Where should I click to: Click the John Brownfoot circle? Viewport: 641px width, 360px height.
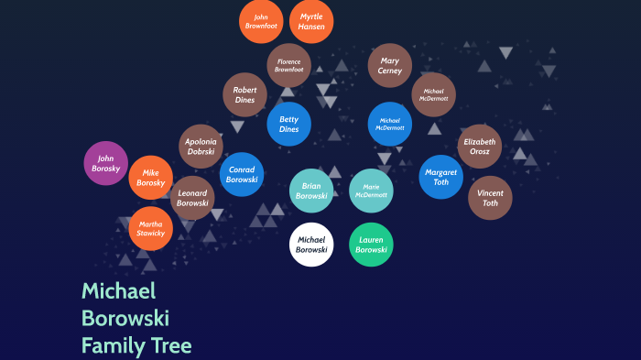(261, 21)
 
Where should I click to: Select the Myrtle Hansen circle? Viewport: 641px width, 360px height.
(311, 21)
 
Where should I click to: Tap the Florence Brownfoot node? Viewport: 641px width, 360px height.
(288, 65)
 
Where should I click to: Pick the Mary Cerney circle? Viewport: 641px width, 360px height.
(390, 65)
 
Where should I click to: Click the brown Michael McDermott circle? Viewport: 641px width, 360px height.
(433, 94)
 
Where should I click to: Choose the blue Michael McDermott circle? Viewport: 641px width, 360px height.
(390, 124)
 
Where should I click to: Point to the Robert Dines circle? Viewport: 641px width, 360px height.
(244, 94)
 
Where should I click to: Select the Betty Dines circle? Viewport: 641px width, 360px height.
(288, 124)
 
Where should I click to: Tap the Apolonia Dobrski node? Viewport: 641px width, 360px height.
(201, 147)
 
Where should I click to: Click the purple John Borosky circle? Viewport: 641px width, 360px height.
(106, 163)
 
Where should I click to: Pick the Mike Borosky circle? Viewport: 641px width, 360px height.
(151, 178)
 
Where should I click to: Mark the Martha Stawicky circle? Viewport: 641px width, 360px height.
(151, 228)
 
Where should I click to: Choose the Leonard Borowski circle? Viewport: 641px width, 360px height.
(192, 198)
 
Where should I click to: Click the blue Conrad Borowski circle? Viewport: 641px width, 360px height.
(242, 174)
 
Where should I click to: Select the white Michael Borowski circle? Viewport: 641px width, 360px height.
(311, 245)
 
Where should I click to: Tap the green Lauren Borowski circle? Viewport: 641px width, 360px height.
(371, 245)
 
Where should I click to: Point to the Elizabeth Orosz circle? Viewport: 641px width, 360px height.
(479, 147)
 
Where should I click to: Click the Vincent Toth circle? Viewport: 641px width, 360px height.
(490, 198)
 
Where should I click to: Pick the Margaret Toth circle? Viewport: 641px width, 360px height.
(440, 177)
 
